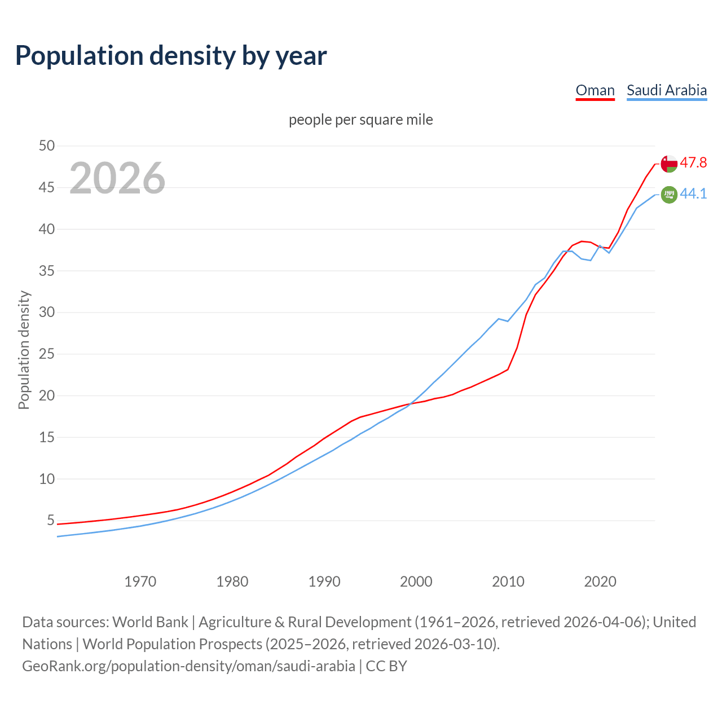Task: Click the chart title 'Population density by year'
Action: (x=171, y=56)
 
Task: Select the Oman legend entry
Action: (x=595, y=90)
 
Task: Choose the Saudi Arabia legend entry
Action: (x=666, y=90)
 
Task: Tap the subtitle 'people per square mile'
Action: (x=360, y=120)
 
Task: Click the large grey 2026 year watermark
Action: (x=117, y=178)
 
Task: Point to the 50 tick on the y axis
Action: (x=47, y=146)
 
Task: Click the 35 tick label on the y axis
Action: (x=47, y=271)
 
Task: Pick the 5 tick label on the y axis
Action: (x=51, y=520)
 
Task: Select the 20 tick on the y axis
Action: (x=47, y=395)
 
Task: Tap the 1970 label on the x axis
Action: (x=140, y=582)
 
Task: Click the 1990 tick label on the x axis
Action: (x=324, y=582)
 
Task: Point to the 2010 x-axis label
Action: (x=508, y=582)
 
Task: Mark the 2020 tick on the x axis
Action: (x=600, y=582)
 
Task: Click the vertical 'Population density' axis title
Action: (x=24, y=350)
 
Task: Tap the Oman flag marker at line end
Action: (x=669, y=164)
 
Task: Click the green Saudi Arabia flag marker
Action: (x=669, y=195)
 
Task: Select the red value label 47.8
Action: (x=693, y=163)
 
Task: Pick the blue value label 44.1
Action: (x=693, y=194)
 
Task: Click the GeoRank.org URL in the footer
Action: (x=188, y=666)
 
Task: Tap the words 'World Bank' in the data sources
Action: (x=150, y=622)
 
